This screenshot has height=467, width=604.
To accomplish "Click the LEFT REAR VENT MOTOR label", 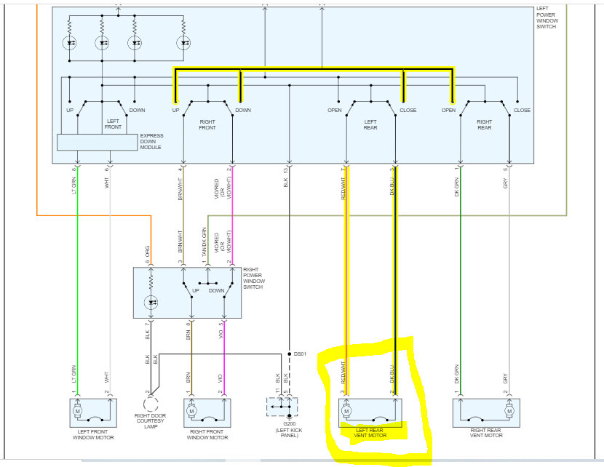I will pos(370,432).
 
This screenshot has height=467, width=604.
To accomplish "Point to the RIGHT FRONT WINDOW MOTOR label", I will pos(207,434).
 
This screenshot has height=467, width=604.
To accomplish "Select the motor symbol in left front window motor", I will pos(78,411).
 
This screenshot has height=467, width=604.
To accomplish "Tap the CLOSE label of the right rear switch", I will pos(522,111).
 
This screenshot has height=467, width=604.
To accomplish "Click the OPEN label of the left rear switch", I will pos(335,111).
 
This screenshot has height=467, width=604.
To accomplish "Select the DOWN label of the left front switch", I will pos(137,111).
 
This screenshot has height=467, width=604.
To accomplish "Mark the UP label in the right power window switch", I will pos(195,290).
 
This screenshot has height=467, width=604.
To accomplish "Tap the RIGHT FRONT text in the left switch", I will pos(208,124).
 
